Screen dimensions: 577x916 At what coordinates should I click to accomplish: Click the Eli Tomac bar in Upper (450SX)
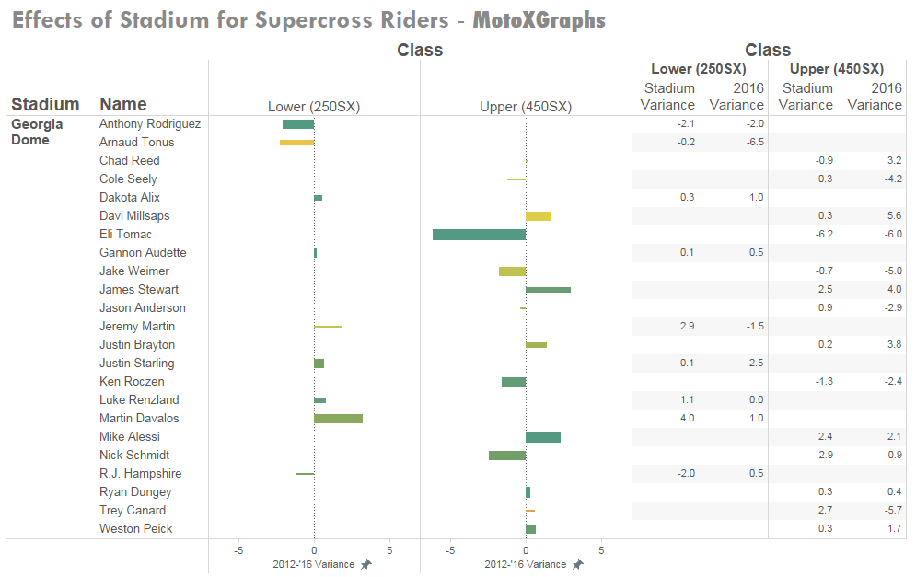point(479,235)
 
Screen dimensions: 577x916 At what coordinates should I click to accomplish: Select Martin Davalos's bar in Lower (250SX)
point(338,419)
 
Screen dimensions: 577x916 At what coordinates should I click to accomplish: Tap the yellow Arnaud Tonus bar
point(296,143)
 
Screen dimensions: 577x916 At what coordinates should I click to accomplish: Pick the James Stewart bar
point(548,290)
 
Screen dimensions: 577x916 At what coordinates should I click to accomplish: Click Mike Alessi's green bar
point(543,437)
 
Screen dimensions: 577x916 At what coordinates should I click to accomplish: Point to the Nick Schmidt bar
point(507,456)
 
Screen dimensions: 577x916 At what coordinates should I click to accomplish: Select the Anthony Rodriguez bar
point(298,124)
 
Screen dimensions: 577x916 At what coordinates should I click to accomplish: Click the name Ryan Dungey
point(135,492)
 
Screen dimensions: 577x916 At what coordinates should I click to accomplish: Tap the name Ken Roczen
point(132,382)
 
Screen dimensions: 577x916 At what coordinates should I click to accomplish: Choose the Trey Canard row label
point(133,511)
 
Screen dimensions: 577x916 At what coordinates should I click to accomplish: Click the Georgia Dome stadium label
point(37,132)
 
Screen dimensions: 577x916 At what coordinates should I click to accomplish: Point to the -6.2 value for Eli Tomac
point(824,235)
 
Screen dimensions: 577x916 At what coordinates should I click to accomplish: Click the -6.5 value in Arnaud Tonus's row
point(755,143)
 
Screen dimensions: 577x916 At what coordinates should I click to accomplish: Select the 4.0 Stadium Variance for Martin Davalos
point(686,419)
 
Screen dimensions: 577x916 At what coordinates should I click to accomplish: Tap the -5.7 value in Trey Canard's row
point(892,511)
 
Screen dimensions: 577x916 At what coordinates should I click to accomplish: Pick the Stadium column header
point(45,104)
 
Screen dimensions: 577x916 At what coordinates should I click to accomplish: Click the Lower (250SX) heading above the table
point(698,69)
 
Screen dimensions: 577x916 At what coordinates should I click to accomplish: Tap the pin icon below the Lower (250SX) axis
point(365,564)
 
